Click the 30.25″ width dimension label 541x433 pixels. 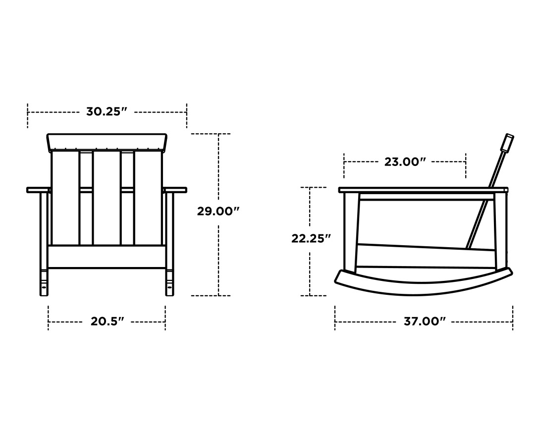(107, 111)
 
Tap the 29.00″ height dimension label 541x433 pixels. (218, 211)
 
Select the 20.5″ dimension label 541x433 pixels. (107, 322)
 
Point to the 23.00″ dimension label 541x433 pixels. (405, 162)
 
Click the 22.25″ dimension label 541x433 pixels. (311, 238)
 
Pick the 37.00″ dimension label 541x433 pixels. (425, 322)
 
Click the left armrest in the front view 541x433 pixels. (39, 190)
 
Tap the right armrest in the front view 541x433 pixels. (175, 190)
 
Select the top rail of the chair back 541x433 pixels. (107, 142)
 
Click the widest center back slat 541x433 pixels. (107, 198)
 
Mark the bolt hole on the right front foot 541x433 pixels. (169, 286)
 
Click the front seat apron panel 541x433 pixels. (107, 257)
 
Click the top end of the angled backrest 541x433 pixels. (508, 142)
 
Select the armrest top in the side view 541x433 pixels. (424, 190)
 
